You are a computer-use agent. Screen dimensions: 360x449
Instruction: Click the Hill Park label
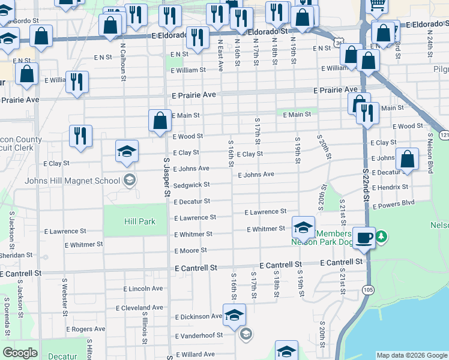pos(139,221)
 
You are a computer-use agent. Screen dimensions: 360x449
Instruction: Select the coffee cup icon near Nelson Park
pos(364,238)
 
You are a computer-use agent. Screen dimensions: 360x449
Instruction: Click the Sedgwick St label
pos(191,185)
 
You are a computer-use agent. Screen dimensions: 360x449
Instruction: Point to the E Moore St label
pos(191,250)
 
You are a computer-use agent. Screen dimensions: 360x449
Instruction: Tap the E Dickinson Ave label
pos(199,316)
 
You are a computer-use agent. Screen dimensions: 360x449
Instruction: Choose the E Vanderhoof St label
pos(199,335)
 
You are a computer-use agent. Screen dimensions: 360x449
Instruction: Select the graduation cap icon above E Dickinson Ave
pos(235,314)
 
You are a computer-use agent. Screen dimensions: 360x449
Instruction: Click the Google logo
pos(20,353)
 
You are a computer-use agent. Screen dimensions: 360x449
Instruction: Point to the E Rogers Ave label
pos(86,329)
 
